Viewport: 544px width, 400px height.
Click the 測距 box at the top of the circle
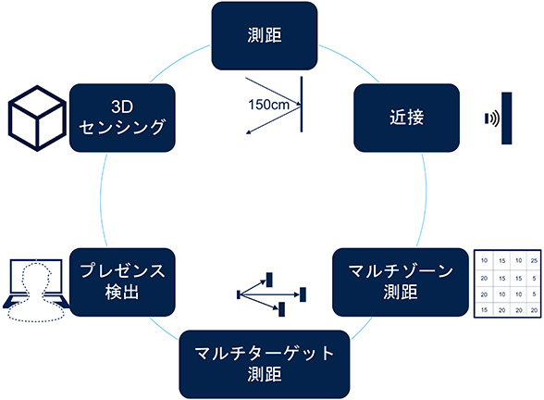click(x=265, y=35)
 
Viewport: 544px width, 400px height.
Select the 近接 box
click(x=407, y=118)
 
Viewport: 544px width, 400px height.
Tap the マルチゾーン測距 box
click(x=401, y=281)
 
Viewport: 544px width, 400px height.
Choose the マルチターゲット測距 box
click(x=265, y=364)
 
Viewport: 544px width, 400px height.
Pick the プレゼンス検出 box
click(x=122, y=281)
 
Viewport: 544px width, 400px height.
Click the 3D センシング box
click(x=122, y=118)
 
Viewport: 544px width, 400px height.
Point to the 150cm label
click(x=268, y=104)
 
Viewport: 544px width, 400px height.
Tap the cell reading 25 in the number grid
click(x=534, y=261)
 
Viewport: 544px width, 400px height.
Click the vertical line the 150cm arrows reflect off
click(x=302, y=104)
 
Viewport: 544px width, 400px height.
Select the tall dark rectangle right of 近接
click(x=507, y=119)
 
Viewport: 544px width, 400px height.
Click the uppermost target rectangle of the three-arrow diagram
click(x=269, y=280)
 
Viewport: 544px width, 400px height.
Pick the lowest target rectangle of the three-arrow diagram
click(x=281, y=309)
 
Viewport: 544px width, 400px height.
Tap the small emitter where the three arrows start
click(x=239, y=294)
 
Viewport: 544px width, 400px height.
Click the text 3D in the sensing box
click(x=122, y=106)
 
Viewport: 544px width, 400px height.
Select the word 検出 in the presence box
click(x=122, y=293)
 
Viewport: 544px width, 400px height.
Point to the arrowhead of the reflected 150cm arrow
click(x=248, y=132)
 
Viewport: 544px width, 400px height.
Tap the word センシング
click(x=122, y=127)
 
